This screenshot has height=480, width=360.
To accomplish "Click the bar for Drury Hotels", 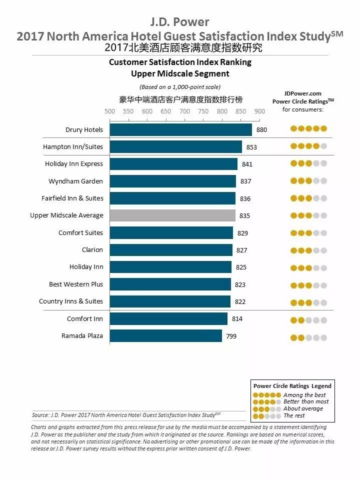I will (180, 129).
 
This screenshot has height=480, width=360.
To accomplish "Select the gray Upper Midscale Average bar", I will (172, 215).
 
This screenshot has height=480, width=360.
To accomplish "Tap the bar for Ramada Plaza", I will (165, 336).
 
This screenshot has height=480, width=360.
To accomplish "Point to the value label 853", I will (251, 147).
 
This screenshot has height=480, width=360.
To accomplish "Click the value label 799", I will (231, 336).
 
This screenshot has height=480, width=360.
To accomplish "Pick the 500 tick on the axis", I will (109, 111).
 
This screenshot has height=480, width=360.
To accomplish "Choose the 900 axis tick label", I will (259, 111).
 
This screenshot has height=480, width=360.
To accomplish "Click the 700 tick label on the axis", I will (184, 111).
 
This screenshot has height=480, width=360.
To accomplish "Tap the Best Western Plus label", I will (76, 284).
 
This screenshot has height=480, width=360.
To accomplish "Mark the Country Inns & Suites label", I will (71, 301).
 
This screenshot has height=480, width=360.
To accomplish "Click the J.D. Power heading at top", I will (179, 22).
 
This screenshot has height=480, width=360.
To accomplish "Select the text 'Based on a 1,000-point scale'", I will (179, 87).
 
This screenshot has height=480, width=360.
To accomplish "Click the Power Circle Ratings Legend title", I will (292, 385).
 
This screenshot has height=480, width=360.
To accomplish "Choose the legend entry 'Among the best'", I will (304, 395).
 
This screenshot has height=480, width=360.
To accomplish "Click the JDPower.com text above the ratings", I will (302, 93).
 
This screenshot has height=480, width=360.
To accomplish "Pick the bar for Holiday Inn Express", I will (173, 164).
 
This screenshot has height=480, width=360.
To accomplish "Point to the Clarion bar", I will (171, 250).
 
